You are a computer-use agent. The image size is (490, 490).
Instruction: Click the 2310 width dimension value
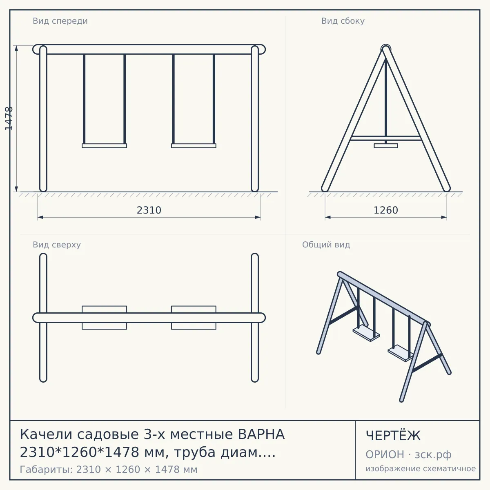click(149, 210)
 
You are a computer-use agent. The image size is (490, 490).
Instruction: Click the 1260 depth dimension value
click(386, 210)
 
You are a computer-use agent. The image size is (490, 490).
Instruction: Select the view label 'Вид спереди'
click(60, 21)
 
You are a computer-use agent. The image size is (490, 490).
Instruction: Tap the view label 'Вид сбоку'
click(343, 21)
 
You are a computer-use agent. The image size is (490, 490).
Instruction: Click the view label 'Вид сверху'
click(57, 245)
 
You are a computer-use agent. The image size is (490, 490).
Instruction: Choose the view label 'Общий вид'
click(326, 245)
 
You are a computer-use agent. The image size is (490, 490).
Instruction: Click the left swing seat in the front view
click(104, 146)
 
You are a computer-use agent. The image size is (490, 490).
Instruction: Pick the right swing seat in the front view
click(194, 146)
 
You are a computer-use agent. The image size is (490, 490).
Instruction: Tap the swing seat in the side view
click(386, 146)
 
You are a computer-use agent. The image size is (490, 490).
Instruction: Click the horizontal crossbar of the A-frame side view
click(386, 138)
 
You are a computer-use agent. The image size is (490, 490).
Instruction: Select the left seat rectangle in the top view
click(104, 318)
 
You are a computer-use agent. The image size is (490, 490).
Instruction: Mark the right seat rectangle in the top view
click(194, 318)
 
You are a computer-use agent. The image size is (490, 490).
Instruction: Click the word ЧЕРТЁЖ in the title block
click(393, 435)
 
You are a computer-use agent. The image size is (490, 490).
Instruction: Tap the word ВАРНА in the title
click(261, 434)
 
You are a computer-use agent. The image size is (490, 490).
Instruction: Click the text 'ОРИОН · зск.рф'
click(408, 454)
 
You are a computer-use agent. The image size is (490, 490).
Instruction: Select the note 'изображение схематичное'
click(421, 468)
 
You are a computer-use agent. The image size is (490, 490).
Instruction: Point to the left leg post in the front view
click(43, 118)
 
